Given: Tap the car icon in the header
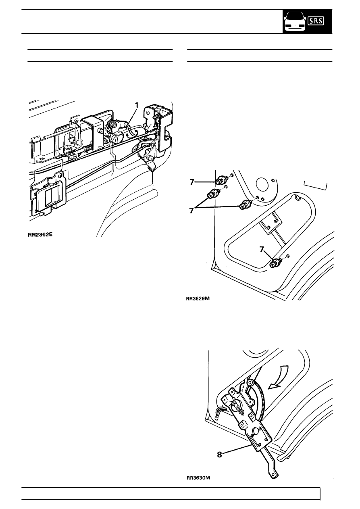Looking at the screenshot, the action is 295,22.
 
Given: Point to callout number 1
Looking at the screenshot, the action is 137,105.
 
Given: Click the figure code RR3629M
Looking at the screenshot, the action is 198,298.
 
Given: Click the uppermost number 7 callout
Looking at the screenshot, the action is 192,182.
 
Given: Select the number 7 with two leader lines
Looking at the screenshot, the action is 192,211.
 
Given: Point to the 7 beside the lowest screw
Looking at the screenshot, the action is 262,250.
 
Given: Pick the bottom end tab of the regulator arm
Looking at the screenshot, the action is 274,474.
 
